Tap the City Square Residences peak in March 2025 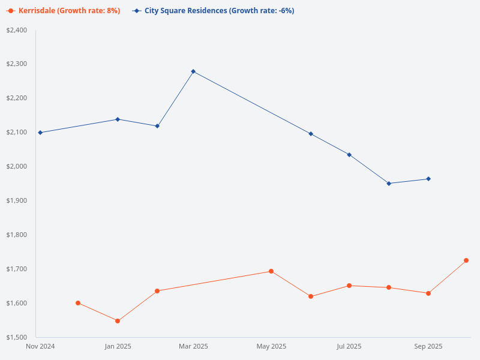tap(193, 71)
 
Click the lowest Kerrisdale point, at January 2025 tap(118, 321)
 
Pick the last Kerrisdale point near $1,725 tap(466, 260)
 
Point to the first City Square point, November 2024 tap(40, 133)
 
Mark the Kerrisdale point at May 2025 tap(271, 271)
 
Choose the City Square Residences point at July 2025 tap(349, 155)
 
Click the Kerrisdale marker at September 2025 tap(428, 293)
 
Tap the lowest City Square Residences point tap(389, 184)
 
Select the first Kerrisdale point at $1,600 tap(78, 303)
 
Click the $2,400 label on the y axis tap(16, 30)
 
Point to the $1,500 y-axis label tap(16, 337)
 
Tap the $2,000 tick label tap(16, 166)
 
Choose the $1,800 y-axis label tap(16, 235)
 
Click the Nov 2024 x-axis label tap(41, 346)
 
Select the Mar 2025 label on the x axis tap(193, 346)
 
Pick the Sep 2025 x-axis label tap(428, 346)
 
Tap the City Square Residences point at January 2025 tap(118, 119)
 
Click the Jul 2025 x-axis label tap(349, 346)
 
